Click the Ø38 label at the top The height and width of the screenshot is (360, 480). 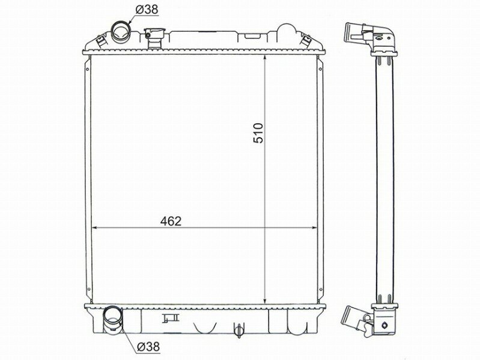[147, 10]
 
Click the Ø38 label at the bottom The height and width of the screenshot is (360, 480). [148, 347]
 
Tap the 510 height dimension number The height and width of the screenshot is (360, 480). [258, 133]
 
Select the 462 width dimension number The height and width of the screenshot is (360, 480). [171, 221]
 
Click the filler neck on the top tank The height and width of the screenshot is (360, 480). [154, 38]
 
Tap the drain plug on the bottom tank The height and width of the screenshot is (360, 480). [239, 330]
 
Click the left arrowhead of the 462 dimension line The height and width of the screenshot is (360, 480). [94, 228]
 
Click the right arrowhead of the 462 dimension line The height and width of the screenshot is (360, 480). [314, 228]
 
